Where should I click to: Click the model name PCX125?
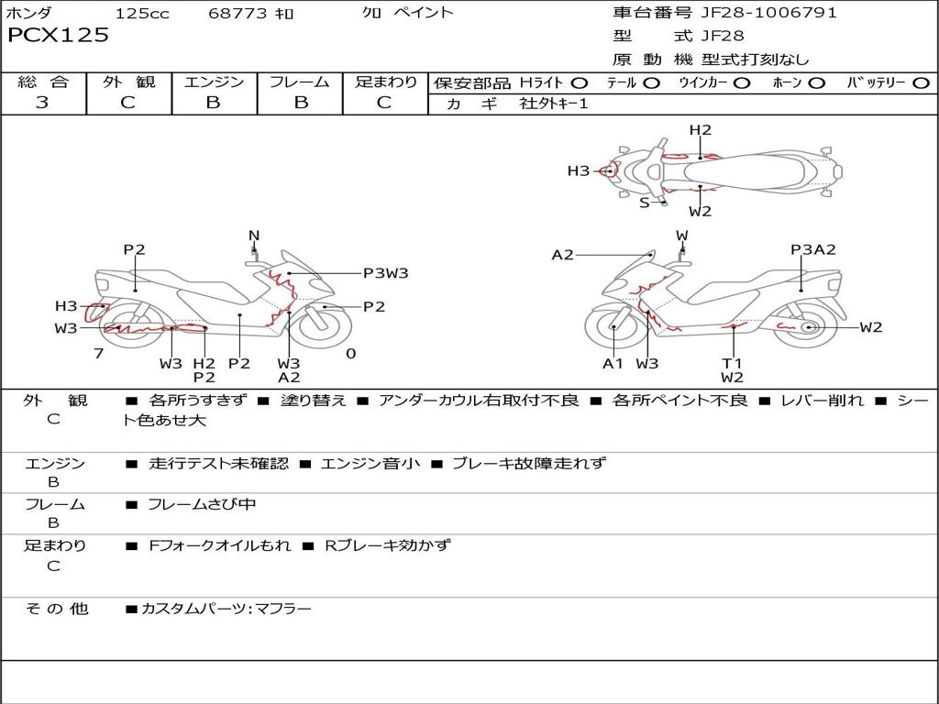click(x=58, y=36)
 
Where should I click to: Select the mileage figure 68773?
click(x=238, y=14)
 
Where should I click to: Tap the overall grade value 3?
click(x=42, y=103)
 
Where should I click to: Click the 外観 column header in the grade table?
click(x=128, y=82)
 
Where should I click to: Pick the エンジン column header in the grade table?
click(x=214, y=82)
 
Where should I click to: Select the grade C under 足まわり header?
click(x=384, y=103)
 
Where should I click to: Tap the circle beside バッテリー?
click(x=921, y=83)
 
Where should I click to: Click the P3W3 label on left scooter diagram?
click(x=385, y=272)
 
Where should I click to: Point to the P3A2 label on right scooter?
click(x=813, y=249)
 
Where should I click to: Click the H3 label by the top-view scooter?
click(x=578, y=170)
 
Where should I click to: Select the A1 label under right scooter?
click(x=613, y=364)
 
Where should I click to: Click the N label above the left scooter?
click(x=254, y=236)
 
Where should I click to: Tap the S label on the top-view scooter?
click(x=644, y=203)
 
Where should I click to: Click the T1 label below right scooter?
click(x=732, y=364)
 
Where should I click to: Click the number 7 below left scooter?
click(x=98, y=353)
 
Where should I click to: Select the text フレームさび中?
click(x=202, y=504)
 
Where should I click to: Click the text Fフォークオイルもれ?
click(x=219, y=545)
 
